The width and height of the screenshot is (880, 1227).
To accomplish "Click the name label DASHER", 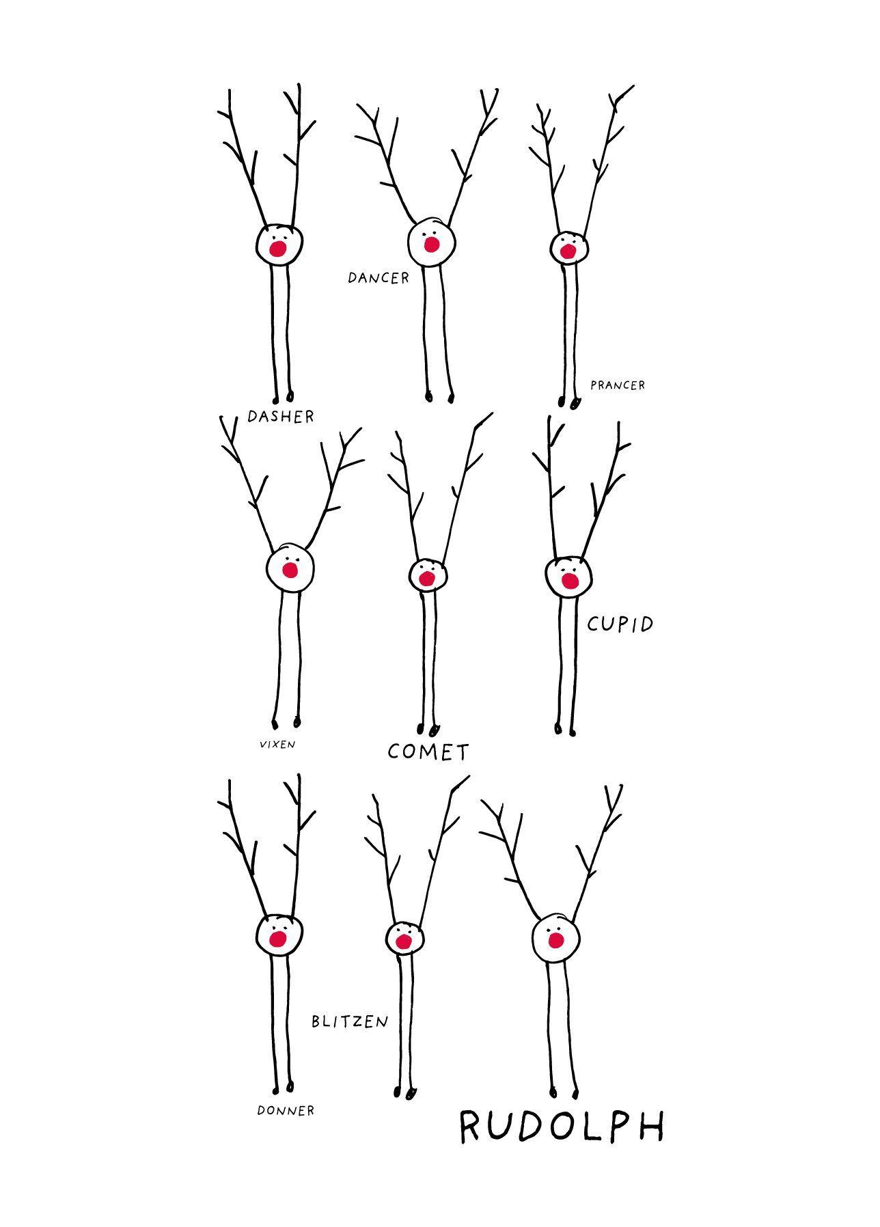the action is (x=281, y=416).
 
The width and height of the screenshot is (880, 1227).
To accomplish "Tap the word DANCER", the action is (x=379, y=277).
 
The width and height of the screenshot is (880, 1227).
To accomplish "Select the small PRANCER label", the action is (x=618, y=385).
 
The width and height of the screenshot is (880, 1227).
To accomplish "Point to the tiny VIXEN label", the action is (x=277, y=744).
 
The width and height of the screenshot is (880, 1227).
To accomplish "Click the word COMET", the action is (x=428, y=752).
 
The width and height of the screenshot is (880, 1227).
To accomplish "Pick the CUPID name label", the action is (x=620, y=623).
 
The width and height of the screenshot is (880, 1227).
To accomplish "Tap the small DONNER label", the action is (x=286, y=1110).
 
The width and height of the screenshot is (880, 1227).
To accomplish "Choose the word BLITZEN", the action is (x=350, y=1021).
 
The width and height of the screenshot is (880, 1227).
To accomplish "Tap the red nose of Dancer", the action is (x=431, y=244).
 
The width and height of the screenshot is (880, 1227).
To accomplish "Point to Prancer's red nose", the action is (x=567, y=251).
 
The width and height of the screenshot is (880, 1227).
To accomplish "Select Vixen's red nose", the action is (x=290, y=570).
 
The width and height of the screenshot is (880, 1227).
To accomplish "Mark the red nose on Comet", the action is (x=426, y=579).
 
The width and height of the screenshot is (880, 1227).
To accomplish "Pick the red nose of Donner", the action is (x=277, y=939).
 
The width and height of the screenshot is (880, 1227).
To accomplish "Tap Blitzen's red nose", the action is (x=404, y=942).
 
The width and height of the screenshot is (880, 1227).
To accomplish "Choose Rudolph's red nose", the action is (x=556, y=941).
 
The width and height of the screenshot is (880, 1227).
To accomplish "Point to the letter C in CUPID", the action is (x=594, y=624).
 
